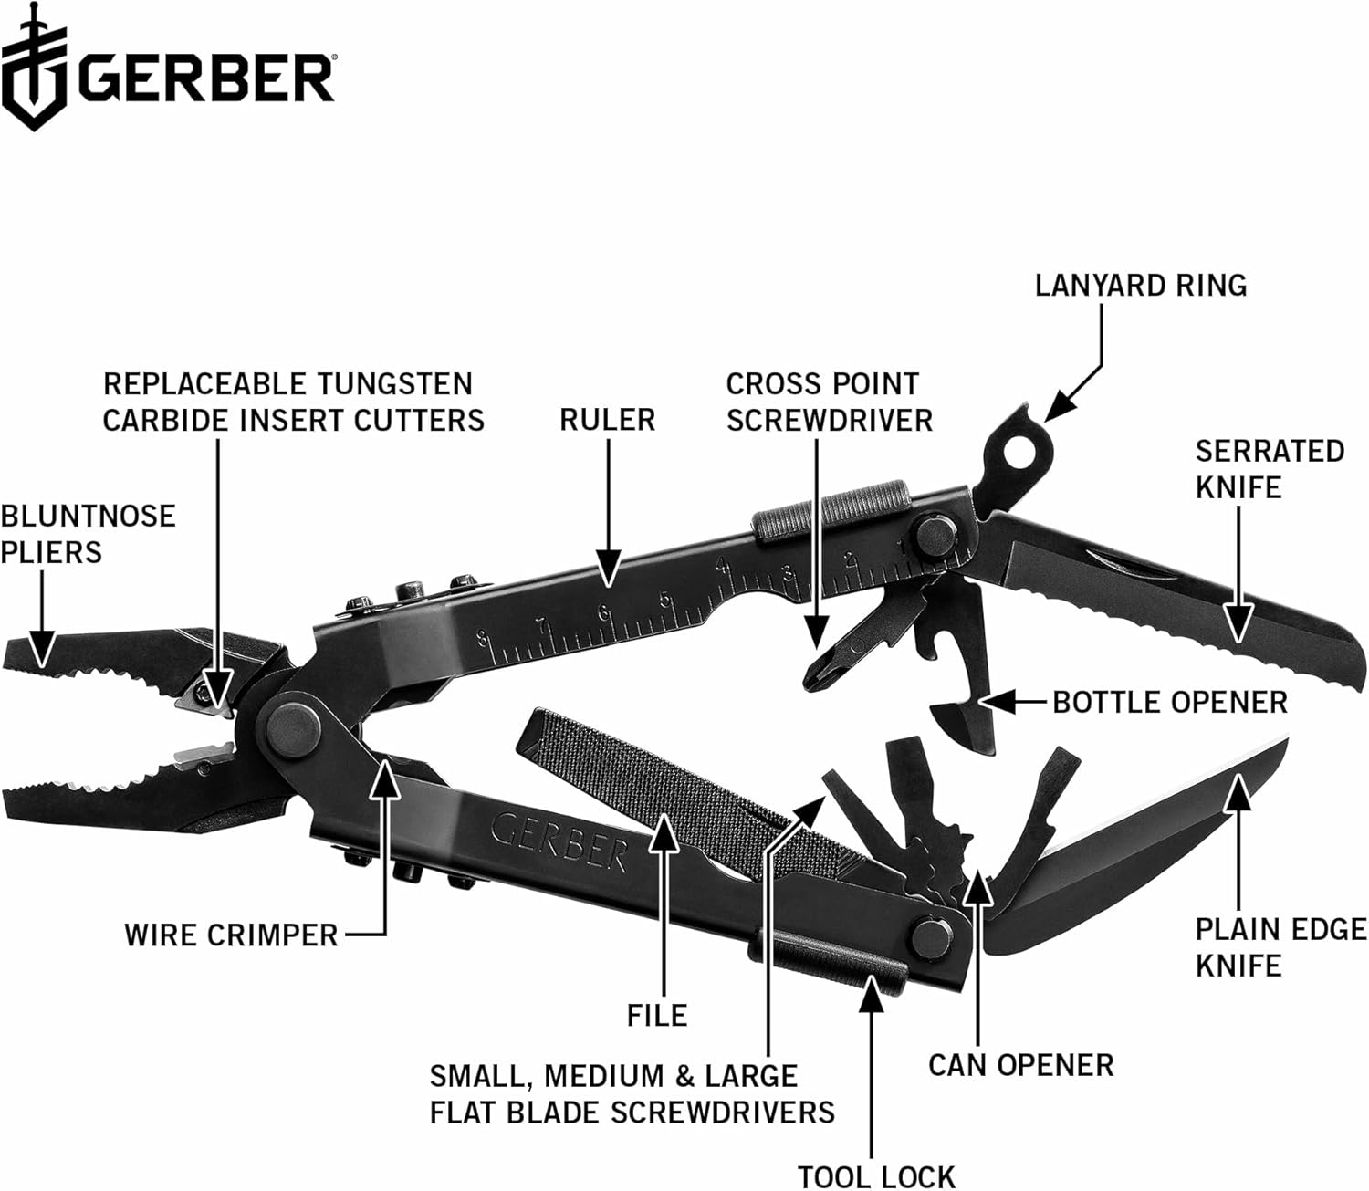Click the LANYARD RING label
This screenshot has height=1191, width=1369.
[x=1140, y=286]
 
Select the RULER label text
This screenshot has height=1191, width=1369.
[x=607, y=420]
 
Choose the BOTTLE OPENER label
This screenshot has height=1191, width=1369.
[x=1169, y=702]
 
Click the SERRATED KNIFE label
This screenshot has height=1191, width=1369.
[x=1270, y=469]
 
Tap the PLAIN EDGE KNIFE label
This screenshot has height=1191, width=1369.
[x=1280, y=946]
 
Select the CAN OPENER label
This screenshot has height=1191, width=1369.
[x=1020, y=1064]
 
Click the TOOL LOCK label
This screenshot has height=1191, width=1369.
[x=875, y=1176]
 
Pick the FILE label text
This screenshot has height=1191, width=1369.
[x=656, y=1015]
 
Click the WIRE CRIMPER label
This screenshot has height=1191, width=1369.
[x=231, y=935]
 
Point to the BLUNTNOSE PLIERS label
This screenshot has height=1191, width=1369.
[x=88, y=534]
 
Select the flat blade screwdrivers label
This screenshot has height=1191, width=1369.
[x=632, y=1094]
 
